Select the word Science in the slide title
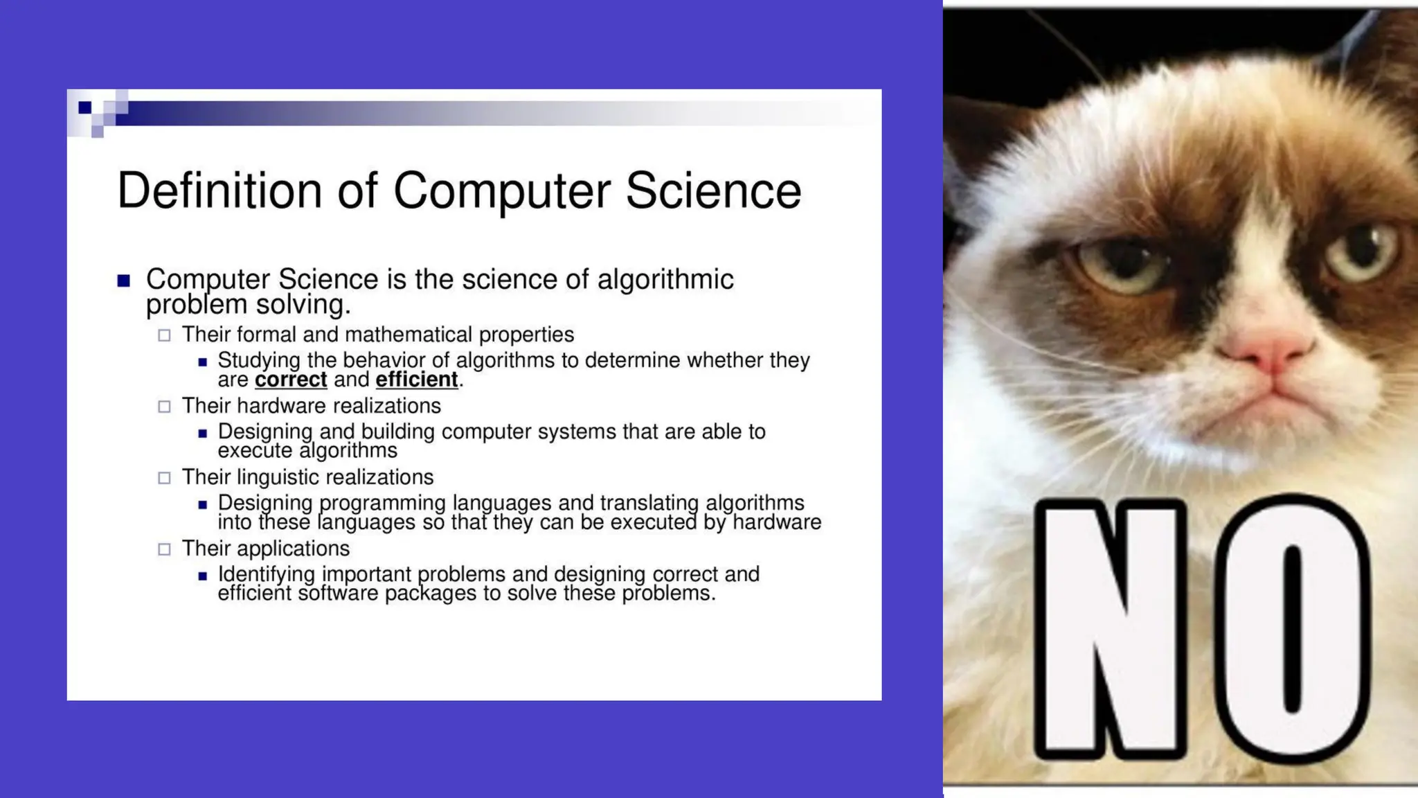(x=713, y=190)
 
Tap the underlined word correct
(x=291, y=380)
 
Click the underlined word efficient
(x=417, y=380)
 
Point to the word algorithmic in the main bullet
(x=665, y=279)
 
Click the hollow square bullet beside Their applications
(x=164, y=549)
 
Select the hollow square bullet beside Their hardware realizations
(x=164, y=407)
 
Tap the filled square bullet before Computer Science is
(x=124, y=281)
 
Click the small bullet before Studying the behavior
(x=202, y=362)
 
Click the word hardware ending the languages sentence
(x=777, y=522)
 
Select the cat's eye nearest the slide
(x=1125, y=267)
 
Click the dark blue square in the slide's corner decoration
(x=85, y=107)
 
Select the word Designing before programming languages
(x=265, y=503)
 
